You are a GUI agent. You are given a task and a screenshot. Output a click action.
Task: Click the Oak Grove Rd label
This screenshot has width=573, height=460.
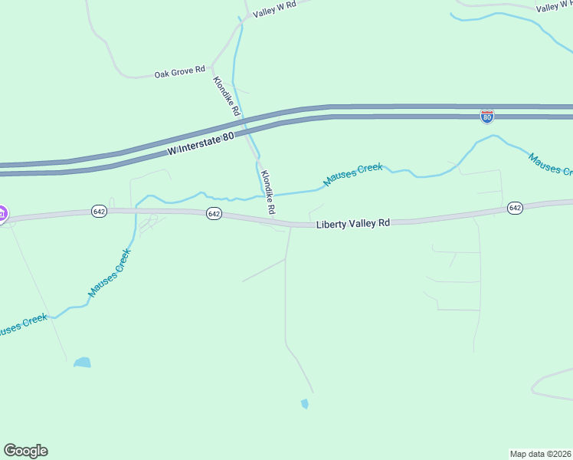point(179,73)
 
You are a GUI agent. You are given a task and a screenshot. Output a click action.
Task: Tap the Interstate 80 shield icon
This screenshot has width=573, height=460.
point(487,116)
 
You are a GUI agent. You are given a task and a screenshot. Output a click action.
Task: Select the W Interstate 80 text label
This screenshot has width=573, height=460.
point(201,145)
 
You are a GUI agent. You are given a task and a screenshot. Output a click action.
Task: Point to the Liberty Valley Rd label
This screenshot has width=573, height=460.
point(353,223)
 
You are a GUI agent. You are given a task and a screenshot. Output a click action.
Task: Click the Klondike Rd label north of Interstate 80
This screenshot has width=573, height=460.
point(227,97)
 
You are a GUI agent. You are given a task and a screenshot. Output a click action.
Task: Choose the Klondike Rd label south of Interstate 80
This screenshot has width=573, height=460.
point(267,192)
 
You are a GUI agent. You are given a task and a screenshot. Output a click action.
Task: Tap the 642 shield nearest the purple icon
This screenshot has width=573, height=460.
point(99,211)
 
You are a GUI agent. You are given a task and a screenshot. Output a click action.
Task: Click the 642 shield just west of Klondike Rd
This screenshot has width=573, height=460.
point(214,214)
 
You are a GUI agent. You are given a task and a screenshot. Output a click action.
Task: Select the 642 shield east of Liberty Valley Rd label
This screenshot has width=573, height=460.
point(515,208)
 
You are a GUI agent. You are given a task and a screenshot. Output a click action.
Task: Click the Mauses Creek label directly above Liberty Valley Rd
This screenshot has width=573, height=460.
point(352,174)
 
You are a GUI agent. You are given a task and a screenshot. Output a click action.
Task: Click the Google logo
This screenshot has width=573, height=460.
point(25,451)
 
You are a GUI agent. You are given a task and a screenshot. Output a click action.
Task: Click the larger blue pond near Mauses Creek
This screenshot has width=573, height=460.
point(82,362)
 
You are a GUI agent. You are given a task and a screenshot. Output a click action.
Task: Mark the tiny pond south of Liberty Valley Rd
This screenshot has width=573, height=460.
point(305,403)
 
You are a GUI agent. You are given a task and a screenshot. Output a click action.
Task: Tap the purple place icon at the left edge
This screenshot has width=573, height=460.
point(2,213)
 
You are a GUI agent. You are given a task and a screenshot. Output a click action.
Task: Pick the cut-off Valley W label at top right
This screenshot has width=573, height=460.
point(554,7)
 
